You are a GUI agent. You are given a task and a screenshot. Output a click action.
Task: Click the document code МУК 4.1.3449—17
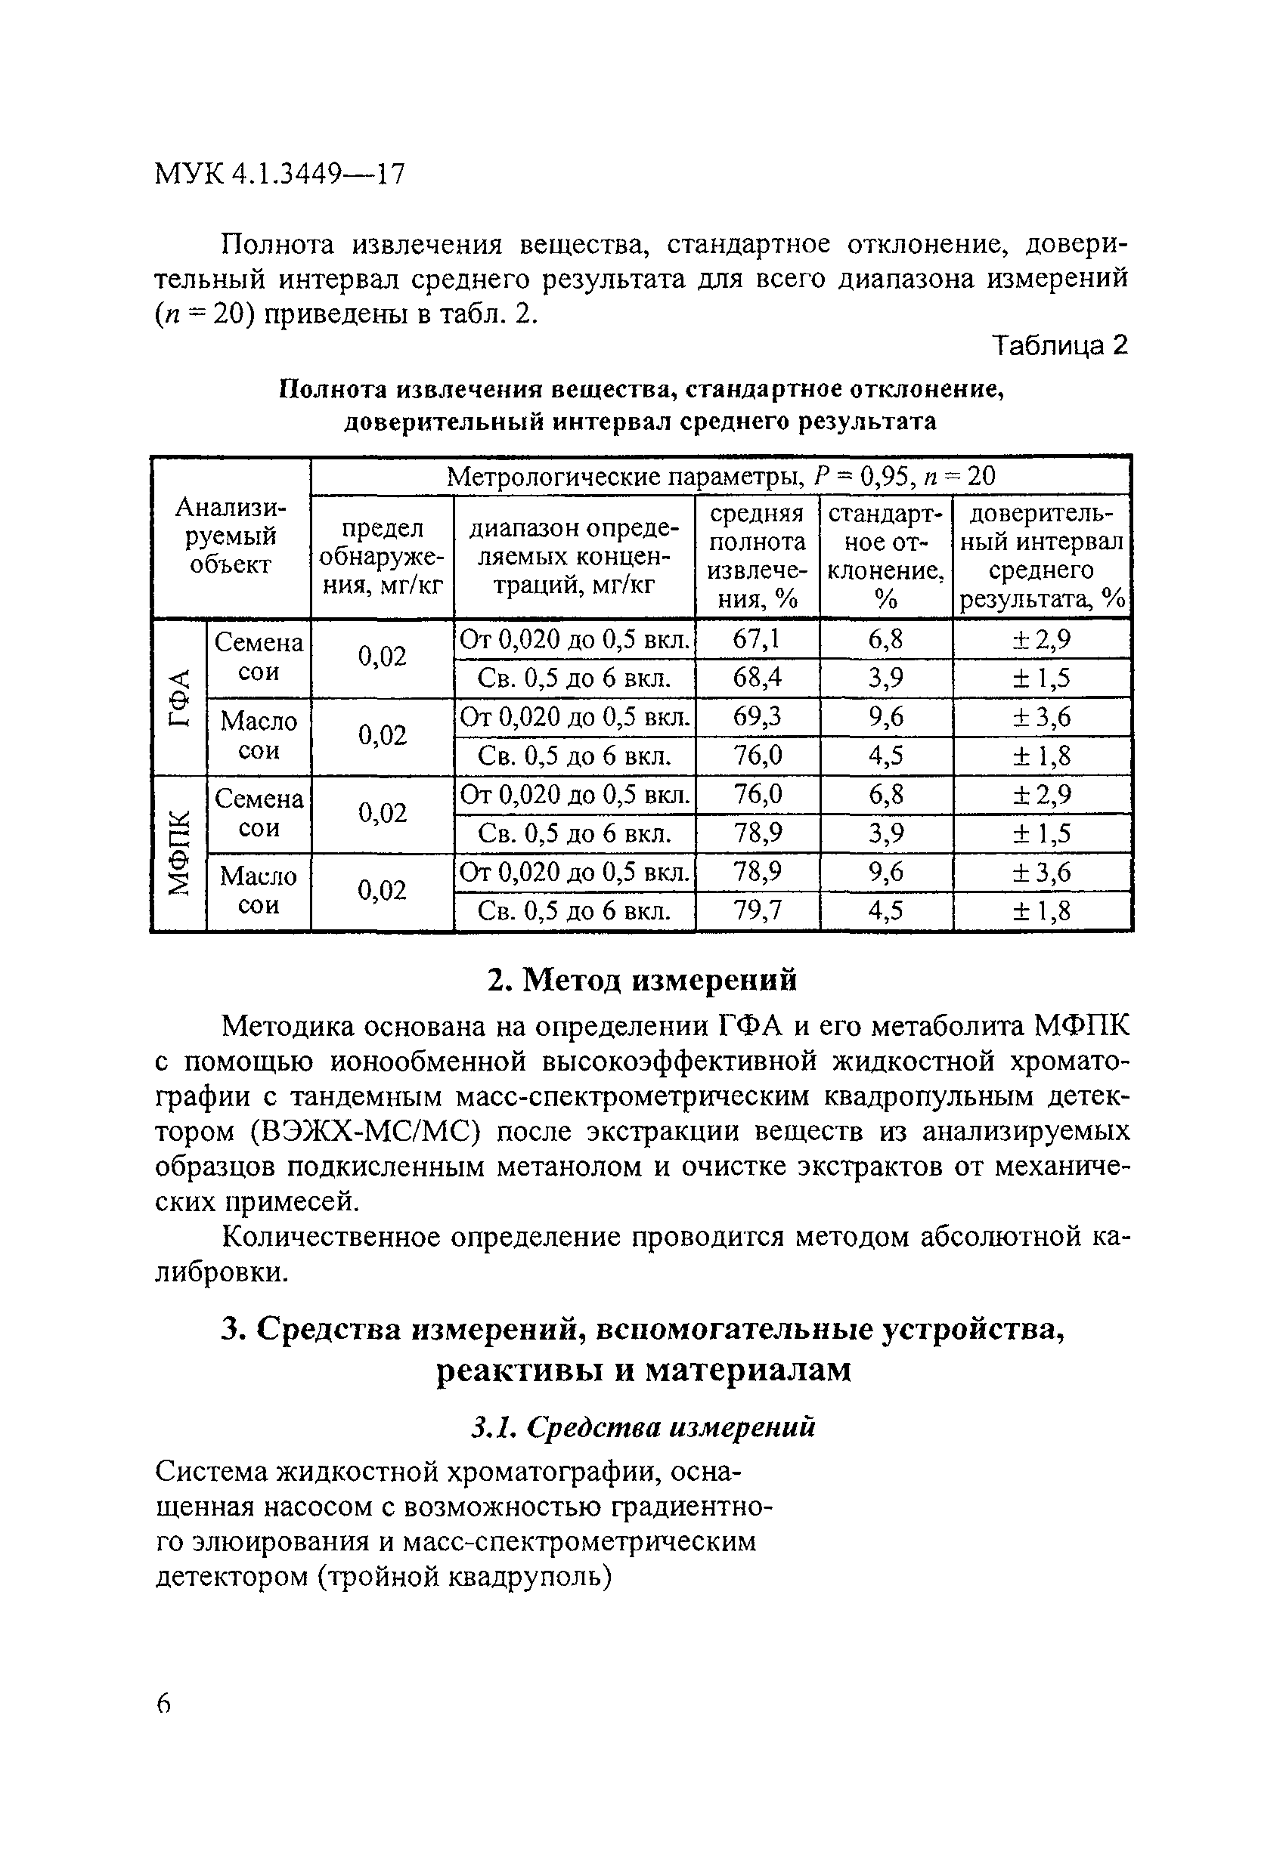279,173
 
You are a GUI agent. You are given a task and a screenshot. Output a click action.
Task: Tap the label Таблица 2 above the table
1059,346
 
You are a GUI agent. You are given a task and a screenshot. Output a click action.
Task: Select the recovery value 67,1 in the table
756,639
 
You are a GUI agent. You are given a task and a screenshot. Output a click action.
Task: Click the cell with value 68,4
756,678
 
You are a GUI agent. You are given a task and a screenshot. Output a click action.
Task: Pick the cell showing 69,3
756,716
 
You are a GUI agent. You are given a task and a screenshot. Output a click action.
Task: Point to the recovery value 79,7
756,910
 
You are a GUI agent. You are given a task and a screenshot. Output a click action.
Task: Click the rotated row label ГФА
180,697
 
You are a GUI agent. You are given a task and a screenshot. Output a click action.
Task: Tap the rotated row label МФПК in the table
180,853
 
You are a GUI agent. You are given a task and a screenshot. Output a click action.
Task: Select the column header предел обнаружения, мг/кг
383,556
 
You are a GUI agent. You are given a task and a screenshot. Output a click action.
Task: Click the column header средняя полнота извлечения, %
756,556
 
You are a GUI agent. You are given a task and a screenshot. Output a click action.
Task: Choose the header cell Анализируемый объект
231,536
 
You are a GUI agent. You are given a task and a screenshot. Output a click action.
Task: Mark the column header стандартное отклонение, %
885,556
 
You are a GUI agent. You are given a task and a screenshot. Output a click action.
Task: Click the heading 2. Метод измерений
643,980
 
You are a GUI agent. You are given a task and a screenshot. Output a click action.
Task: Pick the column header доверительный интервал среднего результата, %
1041,556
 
